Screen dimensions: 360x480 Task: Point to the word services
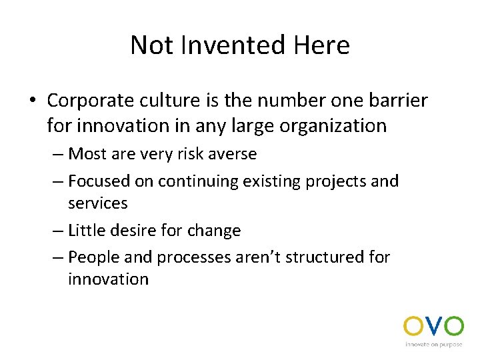point(97,203)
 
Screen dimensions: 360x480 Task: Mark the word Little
point(87,231)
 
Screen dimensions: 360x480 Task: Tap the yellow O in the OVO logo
point(413,326)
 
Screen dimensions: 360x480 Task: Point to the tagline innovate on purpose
point(433,345)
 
